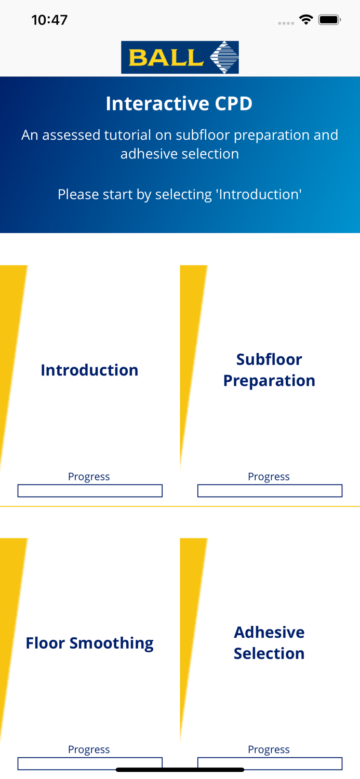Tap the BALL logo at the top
point(180,57)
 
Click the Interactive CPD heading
point(179,104)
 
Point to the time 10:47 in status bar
point(49,20)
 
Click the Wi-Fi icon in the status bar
point(306,20)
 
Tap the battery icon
point(329,20)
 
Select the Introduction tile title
point(89,370)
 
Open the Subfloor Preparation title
point(269,370)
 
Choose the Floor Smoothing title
point(89,643)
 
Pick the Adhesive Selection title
point(269,643)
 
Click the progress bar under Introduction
point(90,491)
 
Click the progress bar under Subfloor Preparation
point(270,491)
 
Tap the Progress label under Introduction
point(89,476)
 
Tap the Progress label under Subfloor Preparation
point(269,476)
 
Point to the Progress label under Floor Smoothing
point(89,749)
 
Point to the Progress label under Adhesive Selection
point(269,749)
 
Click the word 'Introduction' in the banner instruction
point(259,194)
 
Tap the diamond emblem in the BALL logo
point(224,57)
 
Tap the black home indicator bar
point(180,770)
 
